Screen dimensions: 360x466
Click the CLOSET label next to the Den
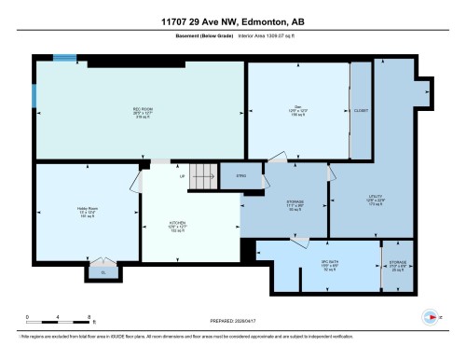click(x=360, y=110)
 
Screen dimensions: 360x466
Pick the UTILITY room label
click(x=377, y=200)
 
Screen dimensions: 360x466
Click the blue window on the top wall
click(x=64, y=59)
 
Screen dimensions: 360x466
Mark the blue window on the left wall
click(x=34, y=97)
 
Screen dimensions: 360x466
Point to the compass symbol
click(x=432, y=315)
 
